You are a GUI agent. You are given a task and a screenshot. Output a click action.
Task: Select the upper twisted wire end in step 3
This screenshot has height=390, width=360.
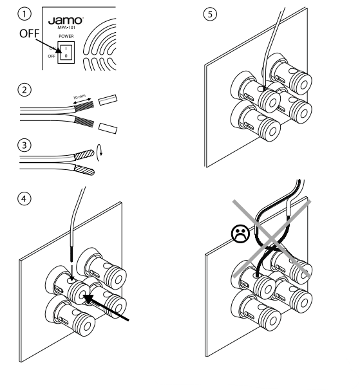tap(84, 154)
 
